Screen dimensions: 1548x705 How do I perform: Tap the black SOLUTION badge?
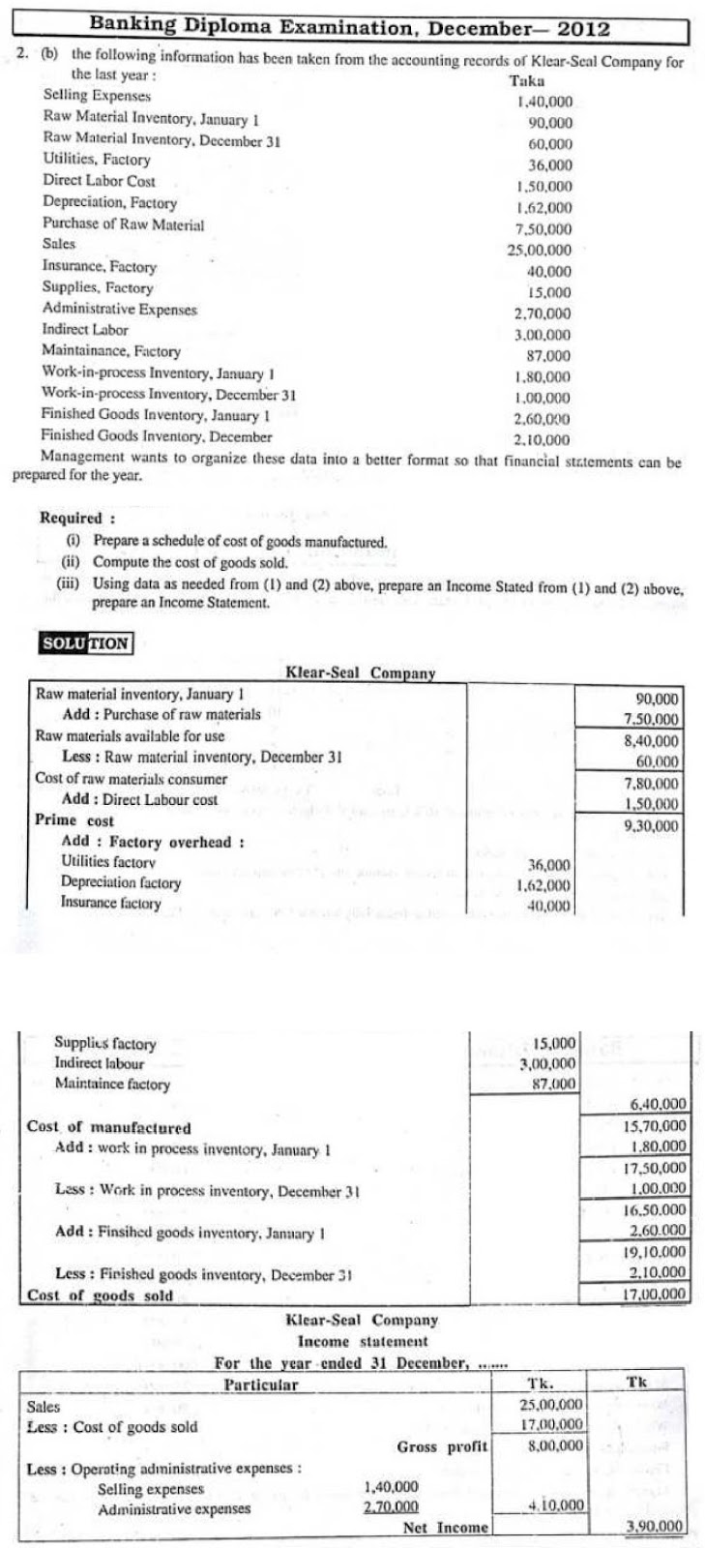pos(85,643)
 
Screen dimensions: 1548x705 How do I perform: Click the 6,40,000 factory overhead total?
pos(658,1104)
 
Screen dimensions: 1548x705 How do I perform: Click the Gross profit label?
pos(442,1447)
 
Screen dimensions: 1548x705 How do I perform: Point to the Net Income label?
pos(446,1528)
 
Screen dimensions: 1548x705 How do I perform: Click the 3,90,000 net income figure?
pos(655,1528)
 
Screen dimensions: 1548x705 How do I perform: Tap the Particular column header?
pos(261,1384)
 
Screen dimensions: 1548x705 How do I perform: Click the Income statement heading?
pos(362,1342)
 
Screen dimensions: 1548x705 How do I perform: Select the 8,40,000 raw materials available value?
pos(653,740)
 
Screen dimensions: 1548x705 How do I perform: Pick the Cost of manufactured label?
pos(108,1128)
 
